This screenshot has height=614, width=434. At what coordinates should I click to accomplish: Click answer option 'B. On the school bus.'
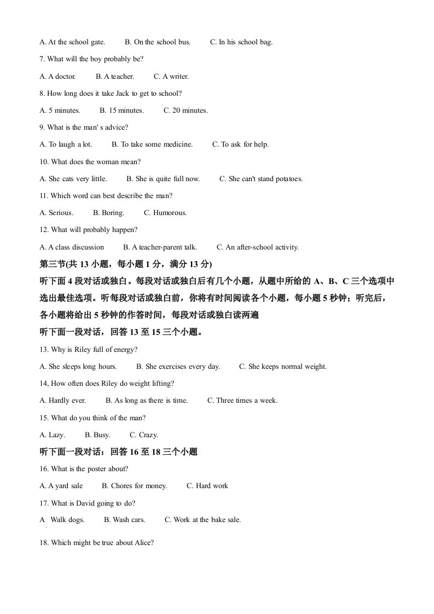click(x=158, y=42)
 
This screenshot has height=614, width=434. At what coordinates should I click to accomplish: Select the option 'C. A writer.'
click(x=171, y=77)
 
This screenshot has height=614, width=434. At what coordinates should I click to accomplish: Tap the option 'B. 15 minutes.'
click(x=122, y=111)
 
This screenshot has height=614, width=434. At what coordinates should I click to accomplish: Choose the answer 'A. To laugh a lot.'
click(x=66, y=144)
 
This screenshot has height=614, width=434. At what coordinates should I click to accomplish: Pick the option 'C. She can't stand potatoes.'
click(x=261, y=178)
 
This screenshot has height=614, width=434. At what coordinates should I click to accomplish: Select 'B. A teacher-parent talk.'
click(x=160, y=247)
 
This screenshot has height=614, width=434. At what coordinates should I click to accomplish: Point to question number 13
click(x=44, y=349)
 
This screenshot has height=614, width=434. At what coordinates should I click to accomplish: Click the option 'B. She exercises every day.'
click(x=178, y=367)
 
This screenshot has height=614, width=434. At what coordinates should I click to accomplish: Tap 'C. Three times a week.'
click(x=242, y=401)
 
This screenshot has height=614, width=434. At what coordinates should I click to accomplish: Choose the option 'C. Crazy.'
click(x=144, y=435)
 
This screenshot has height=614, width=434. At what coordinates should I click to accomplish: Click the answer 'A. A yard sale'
click(x=62, y=485)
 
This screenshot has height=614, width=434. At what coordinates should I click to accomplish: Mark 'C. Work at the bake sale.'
click(x=203, y=520)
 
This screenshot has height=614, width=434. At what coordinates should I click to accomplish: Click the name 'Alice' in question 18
click(x=141, y=543)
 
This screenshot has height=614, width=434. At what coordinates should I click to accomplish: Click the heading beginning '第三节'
click(x=126, y=264)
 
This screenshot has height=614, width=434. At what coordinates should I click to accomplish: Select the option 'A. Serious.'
click(x=56, y=213)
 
